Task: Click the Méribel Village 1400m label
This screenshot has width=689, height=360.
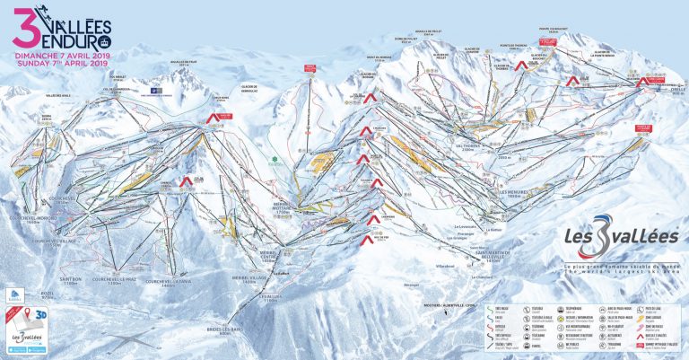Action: [236, 279]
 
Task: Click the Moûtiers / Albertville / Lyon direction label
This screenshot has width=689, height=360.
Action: [398, 306]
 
